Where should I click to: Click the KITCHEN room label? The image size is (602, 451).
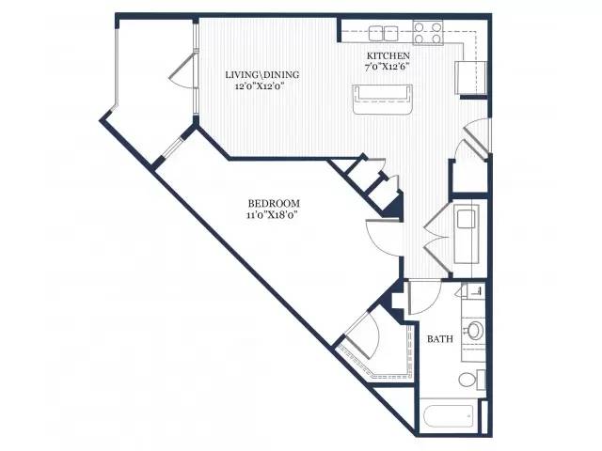click(x=388, y=55)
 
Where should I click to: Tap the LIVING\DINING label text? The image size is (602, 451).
click(x=262, y=74)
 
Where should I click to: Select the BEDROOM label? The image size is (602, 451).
click(x=274, y=203)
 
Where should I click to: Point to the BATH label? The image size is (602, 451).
click(x=440, y=338)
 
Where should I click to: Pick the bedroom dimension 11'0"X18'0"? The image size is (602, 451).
click(x=272, y=215)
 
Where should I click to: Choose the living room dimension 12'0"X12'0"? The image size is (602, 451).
click(x=261, y=86)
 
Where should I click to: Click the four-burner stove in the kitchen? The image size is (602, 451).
click(x=428, y=33)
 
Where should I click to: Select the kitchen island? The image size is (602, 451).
click(x=383, y=100)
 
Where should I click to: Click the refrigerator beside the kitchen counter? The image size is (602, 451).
click(x=470, y=77)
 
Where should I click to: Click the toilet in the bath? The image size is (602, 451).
click(x=472, y=380)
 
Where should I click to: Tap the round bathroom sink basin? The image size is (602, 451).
click(x=475, y=330)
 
